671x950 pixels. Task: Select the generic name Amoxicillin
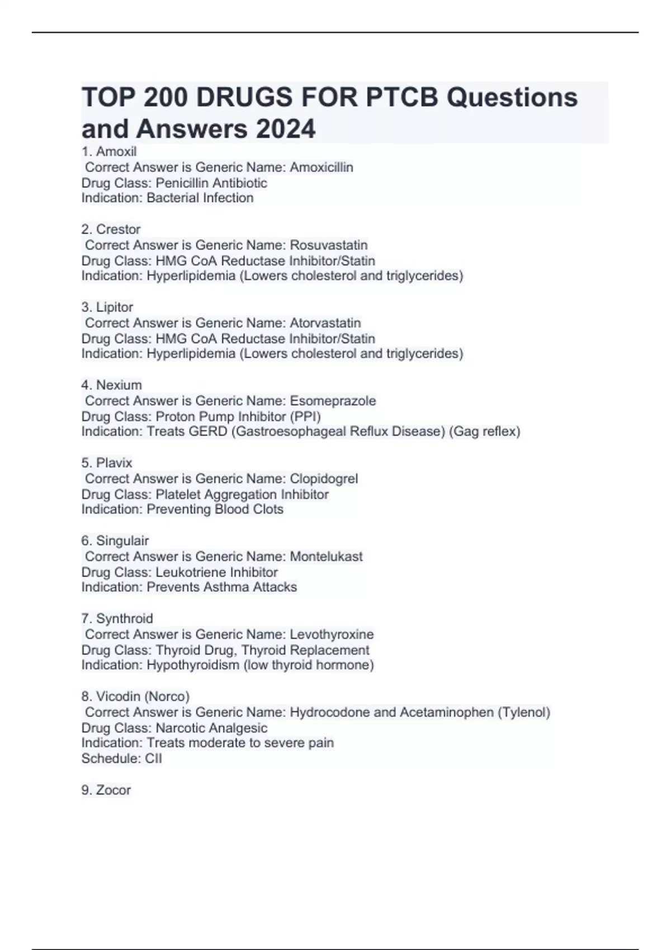click(321, 167)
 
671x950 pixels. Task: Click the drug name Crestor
click(118, 229)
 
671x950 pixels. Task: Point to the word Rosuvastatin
click(328, 245)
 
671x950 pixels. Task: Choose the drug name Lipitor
click(115, 307)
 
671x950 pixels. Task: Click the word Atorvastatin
click(325, 322)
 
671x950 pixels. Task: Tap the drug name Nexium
click(119, 385)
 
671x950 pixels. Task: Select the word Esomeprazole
click(333, 401)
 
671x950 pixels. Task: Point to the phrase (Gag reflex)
click(484, 431)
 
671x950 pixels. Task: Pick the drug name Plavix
click(114, 463)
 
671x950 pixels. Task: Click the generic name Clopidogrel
click(324, 478)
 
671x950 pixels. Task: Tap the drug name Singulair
click(122, 540)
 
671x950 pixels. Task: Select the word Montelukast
click(326, 556)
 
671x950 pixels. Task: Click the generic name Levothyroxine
click(332, 634)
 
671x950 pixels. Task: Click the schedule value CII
click(153, 758)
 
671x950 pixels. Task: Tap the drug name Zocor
click(114, 790)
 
